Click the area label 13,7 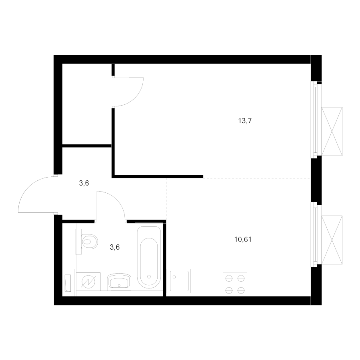point(245,120)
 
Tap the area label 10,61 point(243,240)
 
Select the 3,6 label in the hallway point(84,183)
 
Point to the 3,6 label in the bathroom point(115,247)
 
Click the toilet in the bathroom point(87,242)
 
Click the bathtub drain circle point(149,277)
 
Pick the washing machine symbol point(88,282)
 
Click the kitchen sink point(178,281)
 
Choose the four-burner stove point(235,284)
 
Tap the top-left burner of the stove point(229,278)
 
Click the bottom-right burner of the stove point(241,290)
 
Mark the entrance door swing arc point(29,187)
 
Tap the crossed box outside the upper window point(332,131)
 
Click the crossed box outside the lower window point(332,240)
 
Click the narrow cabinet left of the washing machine point(69,282)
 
